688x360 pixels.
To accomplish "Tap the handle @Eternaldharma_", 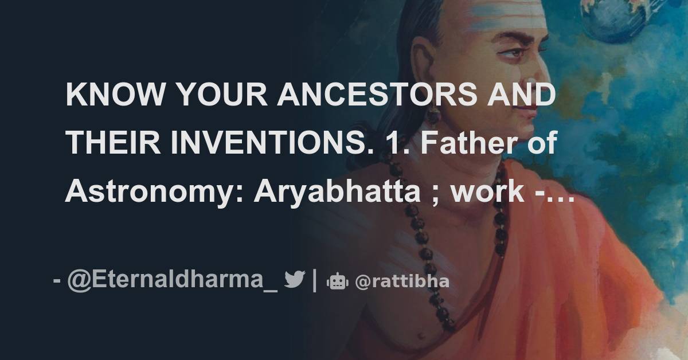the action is coord(173,280).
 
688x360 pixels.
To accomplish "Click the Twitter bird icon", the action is coord(294,280).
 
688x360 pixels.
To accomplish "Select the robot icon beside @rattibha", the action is coord(337,281).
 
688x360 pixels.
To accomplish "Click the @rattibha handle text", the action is coord(402,281).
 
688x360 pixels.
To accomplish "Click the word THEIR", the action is coord(113,143).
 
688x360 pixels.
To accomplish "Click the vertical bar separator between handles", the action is coord(314,280).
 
